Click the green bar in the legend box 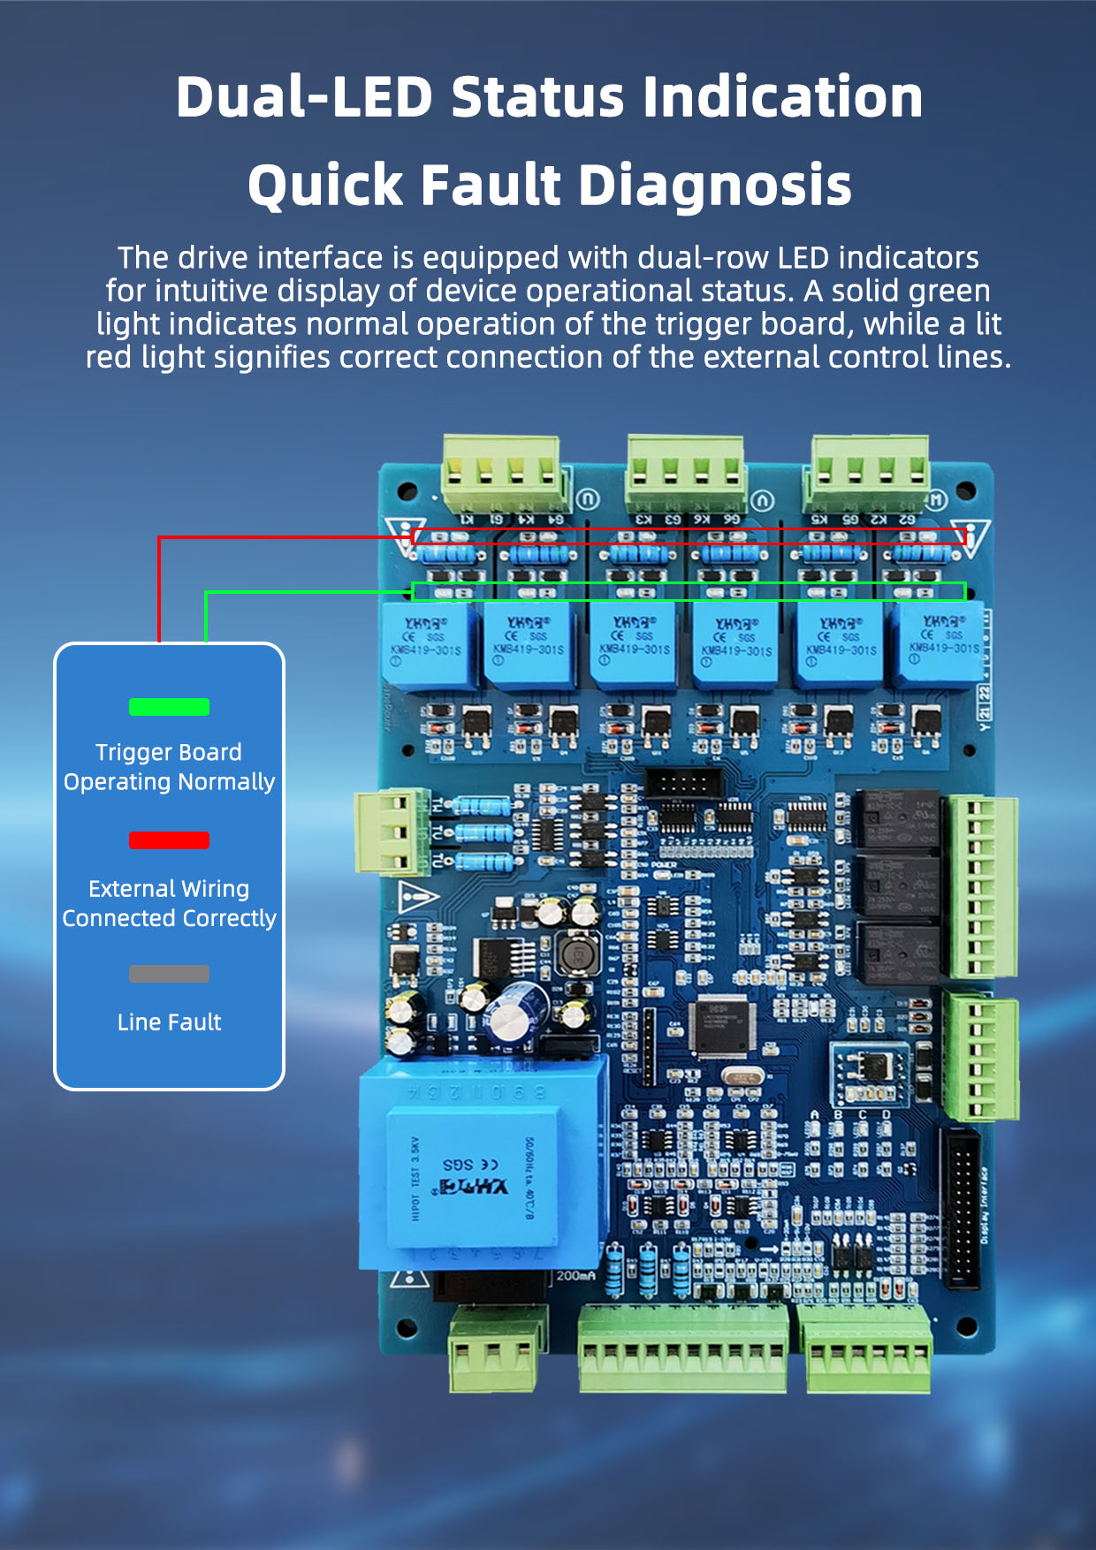coord(169,707)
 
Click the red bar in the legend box coord(169,840)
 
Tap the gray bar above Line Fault coord(169,974)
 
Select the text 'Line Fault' coord(169,1022)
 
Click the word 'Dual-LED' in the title coord(303,96)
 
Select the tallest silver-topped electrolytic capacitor coord(511,1015)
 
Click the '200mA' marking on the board coord(577,1275)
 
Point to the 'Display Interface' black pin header coord(963,1209)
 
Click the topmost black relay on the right coord(900,818)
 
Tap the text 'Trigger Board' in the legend coord(169,752)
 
